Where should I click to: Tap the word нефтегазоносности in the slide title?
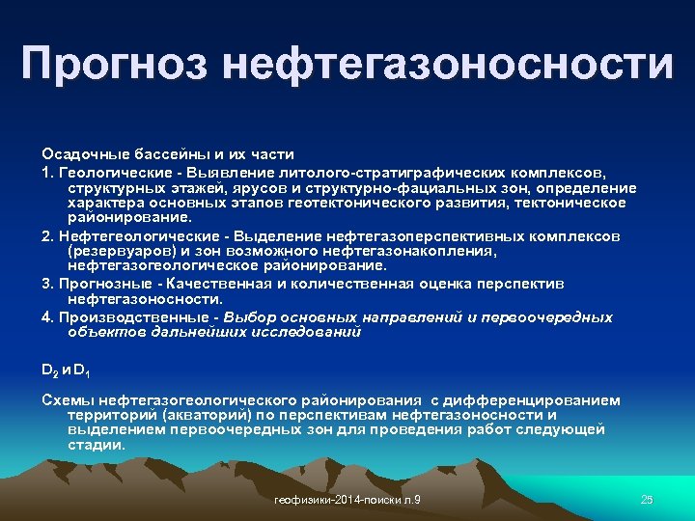point(448,64)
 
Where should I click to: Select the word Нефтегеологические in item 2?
point(125,235)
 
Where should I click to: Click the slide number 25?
point(647,499)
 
